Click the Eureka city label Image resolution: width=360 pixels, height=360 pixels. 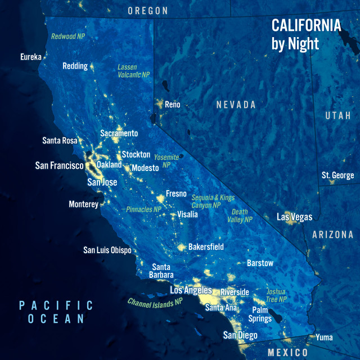(30, 57)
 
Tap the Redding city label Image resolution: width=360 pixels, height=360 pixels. (75, 66)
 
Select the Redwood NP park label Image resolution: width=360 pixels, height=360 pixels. (68, 36)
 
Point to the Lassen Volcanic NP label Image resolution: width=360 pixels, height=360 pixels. (134, 71)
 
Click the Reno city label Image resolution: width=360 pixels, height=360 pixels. (172, 104)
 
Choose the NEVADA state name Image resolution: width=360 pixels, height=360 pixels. (236, 105)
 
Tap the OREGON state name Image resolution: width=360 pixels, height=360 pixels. (148, 11)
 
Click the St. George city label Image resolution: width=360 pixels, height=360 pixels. (337, 175)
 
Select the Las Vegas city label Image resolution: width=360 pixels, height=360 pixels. (294, 217)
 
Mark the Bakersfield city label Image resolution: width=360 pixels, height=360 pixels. (206, 246)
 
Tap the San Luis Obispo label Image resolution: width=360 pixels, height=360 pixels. (107, 250)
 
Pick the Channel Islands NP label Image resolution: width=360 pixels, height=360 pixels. (155, 302)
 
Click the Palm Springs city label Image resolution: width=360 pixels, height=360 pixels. (260, 314)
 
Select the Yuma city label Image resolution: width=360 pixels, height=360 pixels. (324, 337)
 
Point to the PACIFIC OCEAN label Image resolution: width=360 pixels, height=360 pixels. (56, 312)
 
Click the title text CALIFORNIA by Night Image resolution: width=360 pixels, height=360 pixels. (306, 34)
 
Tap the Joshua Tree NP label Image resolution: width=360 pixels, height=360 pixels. (276, 296)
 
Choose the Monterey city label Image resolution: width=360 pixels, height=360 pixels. (83, 204)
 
